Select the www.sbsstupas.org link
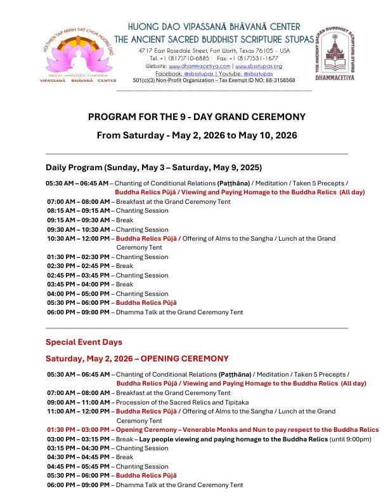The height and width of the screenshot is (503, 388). click(x=259, y=66)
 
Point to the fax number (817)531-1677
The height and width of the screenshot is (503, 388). click(x=259, y=58)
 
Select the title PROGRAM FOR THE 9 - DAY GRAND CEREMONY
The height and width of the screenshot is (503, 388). click(x=197, y=117)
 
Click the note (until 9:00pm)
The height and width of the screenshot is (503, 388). click(x=350, y=439)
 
